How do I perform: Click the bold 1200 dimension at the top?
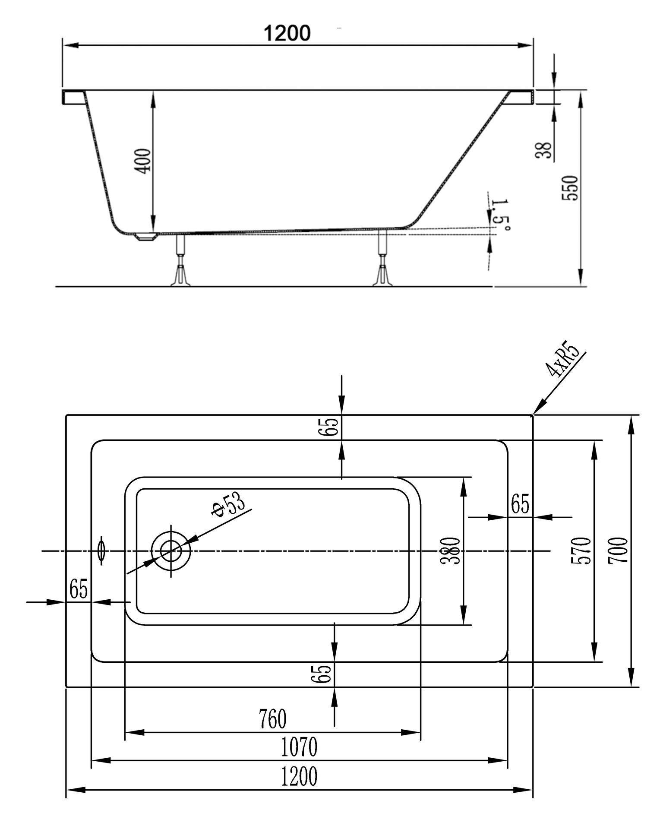287,33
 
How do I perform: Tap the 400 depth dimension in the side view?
144,161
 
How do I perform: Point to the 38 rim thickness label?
546,150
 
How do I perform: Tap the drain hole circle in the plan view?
171,551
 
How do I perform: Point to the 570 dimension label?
581,551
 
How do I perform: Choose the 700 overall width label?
617,551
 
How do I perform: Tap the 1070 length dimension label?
299,747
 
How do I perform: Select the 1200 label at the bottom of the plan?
299,776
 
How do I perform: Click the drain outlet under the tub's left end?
145,237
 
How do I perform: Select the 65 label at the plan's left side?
79,589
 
